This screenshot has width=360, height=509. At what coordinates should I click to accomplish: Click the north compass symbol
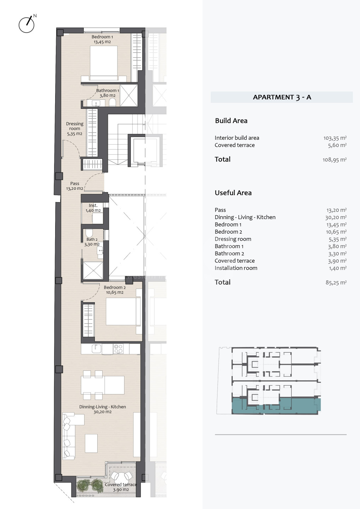(x=27, y=24)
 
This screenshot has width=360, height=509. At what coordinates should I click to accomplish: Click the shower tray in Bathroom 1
(x=129, y=95)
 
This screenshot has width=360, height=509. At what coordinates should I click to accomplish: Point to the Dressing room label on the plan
(x=75, y=129)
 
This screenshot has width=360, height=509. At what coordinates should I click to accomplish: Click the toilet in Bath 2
(x=89, y=233)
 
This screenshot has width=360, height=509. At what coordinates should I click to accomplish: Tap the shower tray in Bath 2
(x=93, y=271)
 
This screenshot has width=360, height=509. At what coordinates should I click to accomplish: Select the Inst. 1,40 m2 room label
(x=93, y=208)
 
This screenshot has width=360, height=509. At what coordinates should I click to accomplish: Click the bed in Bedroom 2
(x=123, y=311)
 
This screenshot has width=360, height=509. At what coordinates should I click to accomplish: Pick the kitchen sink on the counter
(x=97, y=349)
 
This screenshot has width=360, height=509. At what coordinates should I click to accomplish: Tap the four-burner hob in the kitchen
(x=118, y=349)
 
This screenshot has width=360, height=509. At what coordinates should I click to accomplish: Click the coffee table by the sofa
(x=91, y=443)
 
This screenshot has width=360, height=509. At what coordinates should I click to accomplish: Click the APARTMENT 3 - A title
(x=282, y=97)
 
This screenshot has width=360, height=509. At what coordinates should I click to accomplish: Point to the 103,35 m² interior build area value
(x=335, y=138)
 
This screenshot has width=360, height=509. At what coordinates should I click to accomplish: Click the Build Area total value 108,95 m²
(x=335, y=160)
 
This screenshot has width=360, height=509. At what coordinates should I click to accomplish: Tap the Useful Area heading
(x=233, y=193)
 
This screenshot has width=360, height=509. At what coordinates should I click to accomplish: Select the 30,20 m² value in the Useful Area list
(x=336, y=217)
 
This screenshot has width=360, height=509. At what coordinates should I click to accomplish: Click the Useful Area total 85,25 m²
(x=336, y=282)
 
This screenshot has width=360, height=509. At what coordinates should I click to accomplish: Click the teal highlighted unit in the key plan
(x=276, y=406)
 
